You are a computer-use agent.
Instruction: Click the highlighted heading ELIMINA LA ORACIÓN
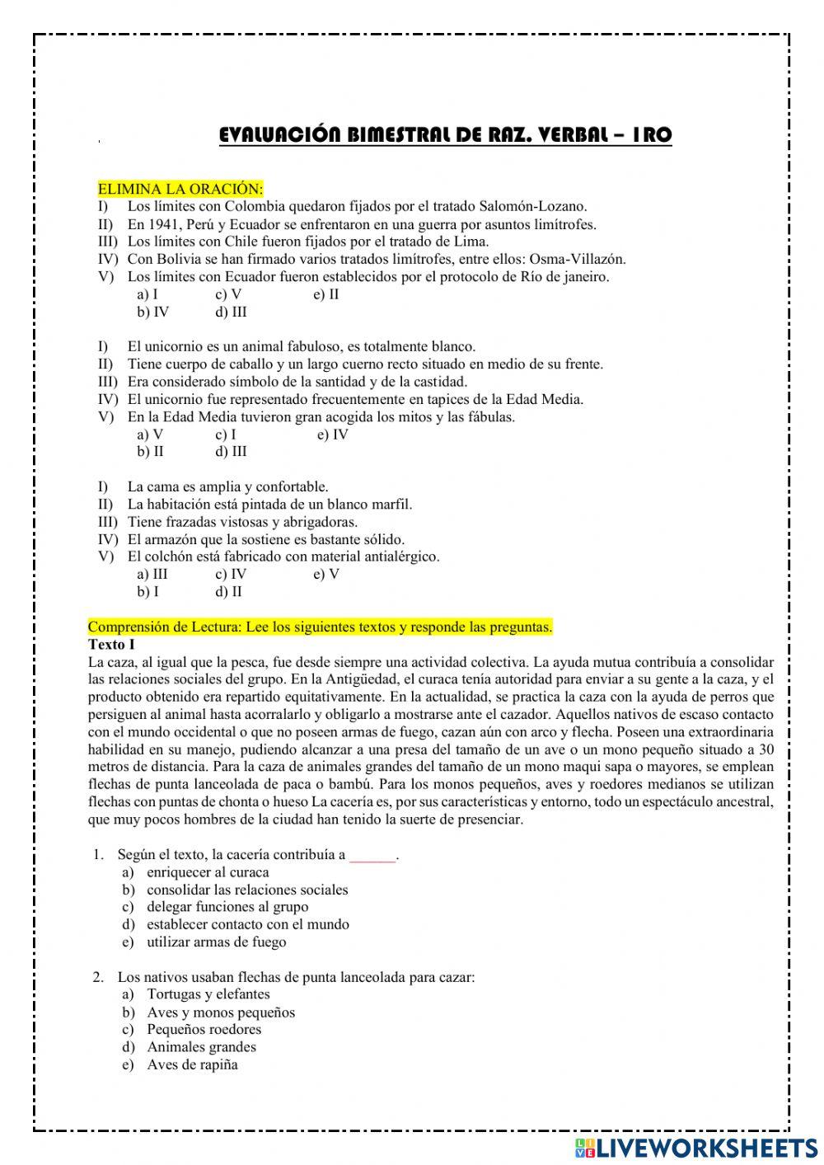coord(180,189)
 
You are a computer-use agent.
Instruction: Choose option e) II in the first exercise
coord(326,294)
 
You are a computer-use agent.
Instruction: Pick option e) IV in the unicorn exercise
coord(332,435)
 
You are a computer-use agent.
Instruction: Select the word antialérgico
coord(399,557)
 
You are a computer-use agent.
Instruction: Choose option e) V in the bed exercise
coord(326,574)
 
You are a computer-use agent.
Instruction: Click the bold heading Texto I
coord(111,644)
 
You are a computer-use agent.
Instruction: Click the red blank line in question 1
coord(372,856)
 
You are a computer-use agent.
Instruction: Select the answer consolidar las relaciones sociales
coord(247,890)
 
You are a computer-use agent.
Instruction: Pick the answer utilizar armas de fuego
coord(216,942)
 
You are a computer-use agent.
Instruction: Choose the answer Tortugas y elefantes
coord(208,994)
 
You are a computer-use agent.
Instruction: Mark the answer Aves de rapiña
coord(192,1064)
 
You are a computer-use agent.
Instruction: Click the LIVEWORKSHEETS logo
coord(691,1147)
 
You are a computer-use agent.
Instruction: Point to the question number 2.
coord(98,977)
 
